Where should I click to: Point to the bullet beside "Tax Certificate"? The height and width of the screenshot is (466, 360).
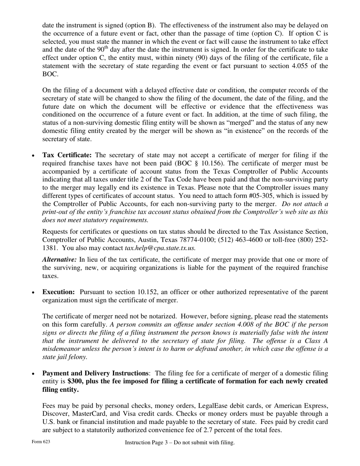[33, 156]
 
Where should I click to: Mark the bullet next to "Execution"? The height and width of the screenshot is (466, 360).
[33, 292]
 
